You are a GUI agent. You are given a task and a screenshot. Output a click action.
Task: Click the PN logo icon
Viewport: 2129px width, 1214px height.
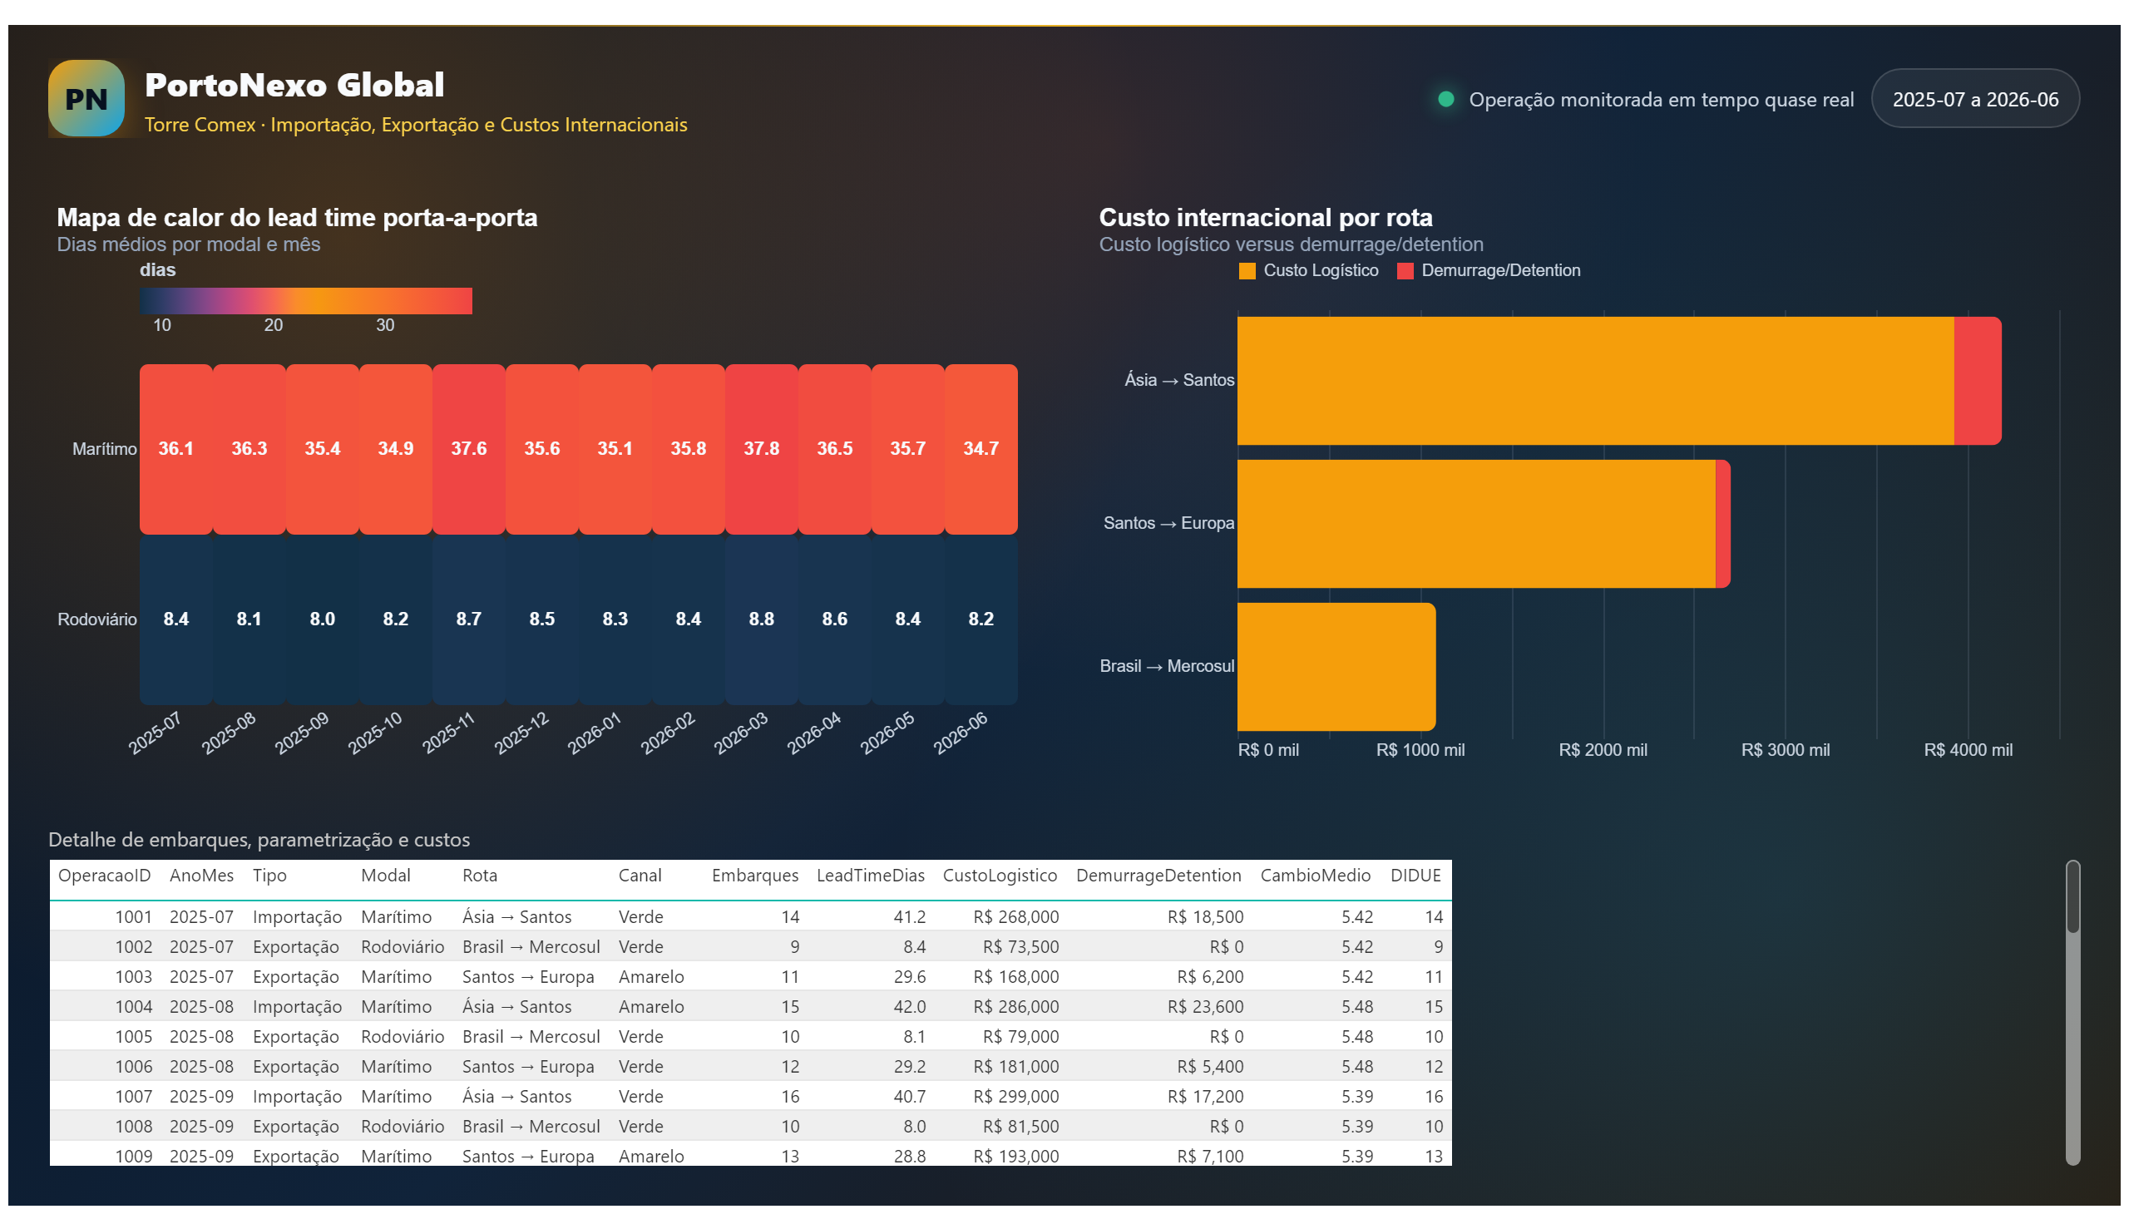(x=86, y=98)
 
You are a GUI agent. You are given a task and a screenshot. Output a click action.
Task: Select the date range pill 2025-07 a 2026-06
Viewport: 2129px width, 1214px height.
(x=1973, y=99)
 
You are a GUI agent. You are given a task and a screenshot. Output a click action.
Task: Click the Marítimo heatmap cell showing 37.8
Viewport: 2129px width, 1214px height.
(x=761, y=448)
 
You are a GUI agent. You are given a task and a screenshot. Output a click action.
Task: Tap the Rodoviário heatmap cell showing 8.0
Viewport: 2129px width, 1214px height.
(x=322, y=619)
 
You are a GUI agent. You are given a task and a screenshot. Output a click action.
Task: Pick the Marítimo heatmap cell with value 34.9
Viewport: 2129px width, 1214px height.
(x=395, y=448)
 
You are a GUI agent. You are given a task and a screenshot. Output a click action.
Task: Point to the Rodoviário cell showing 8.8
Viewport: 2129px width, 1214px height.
(x=761, y=619)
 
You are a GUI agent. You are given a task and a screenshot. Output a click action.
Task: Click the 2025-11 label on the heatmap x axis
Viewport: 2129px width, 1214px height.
(x=447, y=733)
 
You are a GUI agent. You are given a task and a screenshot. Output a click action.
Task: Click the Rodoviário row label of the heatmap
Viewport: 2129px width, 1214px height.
(x=96, y=619)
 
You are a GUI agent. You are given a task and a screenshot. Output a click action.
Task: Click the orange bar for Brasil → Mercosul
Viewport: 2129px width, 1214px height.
(x=1336, y=666)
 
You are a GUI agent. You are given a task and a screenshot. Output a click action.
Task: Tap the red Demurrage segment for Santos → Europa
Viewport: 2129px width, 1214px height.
(x=1722, y=524)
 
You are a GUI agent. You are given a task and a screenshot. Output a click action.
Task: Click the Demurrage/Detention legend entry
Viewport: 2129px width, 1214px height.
(x=1488, y=270)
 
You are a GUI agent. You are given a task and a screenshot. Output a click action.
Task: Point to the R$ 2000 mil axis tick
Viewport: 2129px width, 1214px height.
(x=1602, y=749)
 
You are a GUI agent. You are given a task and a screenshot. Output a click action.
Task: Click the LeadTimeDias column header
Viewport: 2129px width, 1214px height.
(x=870, y=876)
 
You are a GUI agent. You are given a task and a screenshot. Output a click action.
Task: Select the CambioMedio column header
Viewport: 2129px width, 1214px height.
(x=1314, y=876)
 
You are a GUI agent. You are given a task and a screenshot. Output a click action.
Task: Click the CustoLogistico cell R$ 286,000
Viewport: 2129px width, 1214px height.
(x=1015, y=1006)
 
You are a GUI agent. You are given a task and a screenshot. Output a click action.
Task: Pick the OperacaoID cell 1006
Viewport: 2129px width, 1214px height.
(x=133, y=1067)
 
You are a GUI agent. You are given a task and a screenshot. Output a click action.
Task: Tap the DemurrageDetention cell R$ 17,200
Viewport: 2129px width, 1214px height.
(x=1204, y=1097)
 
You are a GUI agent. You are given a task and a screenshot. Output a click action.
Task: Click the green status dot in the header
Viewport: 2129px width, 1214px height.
(x=1445, y=99)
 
